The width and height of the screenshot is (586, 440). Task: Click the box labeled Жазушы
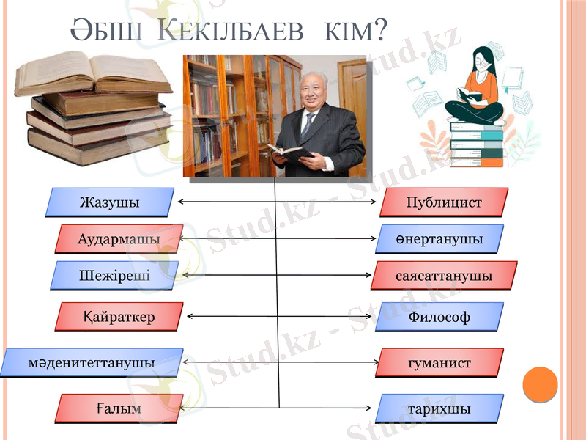click(110, 202)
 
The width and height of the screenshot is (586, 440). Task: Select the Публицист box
click(444, 202)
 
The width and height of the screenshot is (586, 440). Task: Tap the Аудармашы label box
click(119, 239)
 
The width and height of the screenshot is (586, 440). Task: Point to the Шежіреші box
click(115, 276)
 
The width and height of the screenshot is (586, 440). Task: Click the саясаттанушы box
click(445, 276)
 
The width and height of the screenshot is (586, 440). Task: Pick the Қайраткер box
click(119, 317)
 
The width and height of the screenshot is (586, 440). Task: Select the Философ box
click(439, 317)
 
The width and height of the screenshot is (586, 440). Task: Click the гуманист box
click(439, 362)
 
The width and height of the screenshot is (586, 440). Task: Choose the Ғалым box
click(119, 408)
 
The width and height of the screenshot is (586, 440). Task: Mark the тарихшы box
click(439, 408)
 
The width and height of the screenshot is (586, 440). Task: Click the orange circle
click(541, 384)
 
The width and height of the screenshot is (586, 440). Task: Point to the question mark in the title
click(381, 31)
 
